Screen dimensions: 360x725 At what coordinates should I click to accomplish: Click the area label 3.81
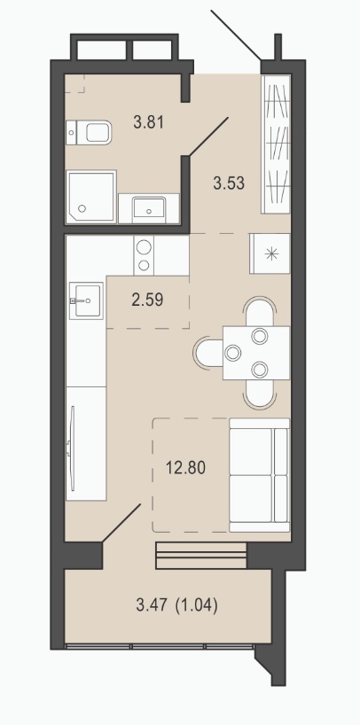[149, 123]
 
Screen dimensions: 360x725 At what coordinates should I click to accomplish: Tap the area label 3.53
[229, 183]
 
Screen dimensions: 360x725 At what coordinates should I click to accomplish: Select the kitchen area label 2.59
[147, 300]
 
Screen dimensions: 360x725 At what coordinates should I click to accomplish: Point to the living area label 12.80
[185, 468]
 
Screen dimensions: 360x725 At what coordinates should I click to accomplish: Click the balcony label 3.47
[153, 605]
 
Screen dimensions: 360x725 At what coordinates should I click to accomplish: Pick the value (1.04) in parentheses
[197, 605]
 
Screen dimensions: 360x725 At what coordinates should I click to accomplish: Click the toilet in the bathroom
[89, 132]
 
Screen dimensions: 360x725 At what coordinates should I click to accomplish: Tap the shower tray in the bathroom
[90, 197]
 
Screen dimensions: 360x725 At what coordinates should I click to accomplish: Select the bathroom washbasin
[149, 208]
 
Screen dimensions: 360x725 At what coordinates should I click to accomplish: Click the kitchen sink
[87, 300]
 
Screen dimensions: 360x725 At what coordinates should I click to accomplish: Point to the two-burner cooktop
[144, 254]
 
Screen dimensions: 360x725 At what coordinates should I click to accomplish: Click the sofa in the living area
[259, 475]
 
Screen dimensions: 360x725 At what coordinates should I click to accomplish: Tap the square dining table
[256, 353]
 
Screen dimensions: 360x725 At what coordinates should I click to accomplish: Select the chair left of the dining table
[208, 353]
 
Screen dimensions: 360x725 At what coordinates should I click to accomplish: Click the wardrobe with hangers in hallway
[276, 144]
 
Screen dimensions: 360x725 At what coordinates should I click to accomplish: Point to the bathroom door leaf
[207, 136]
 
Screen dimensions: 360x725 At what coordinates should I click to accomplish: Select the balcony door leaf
[121, 523]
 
